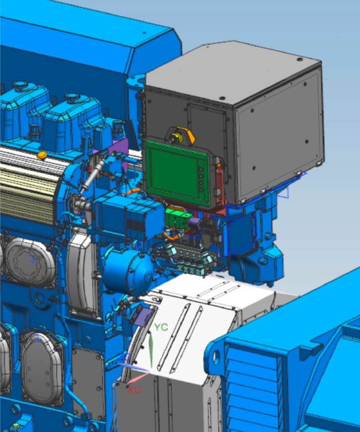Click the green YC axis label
[x=161, y=327]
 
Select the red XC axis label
[x=134, y=390]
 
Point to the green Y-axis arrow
[x=151, y=351]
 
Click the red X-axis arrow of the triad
[x=138, y=378]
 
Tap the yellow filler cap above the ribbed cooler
[x=42, y=155]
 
